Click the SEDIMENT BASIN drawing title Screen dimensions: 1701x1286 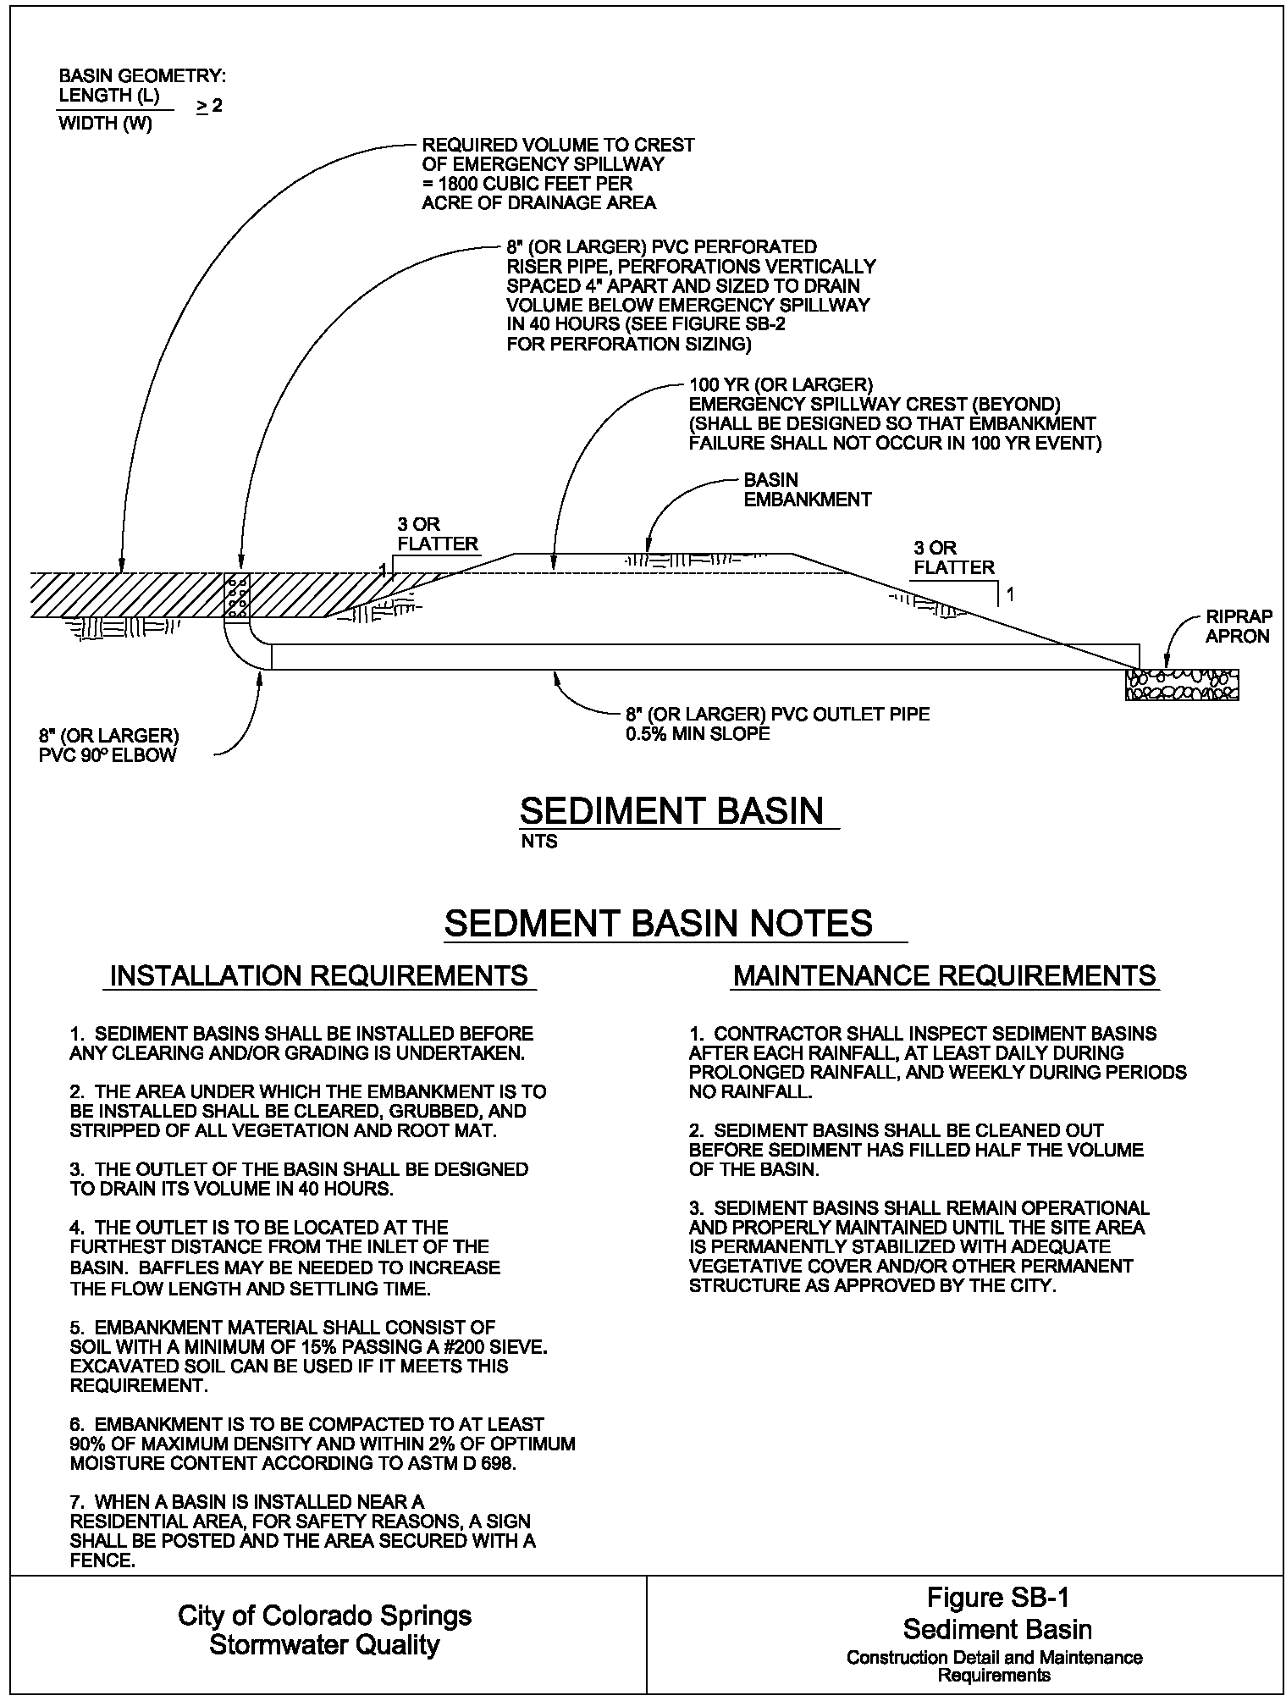point(671,810)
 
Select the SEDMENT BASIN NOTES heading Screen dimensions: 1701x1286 point(658,922)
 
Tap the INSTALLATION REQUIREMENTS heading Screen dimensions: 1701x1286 point(318,975)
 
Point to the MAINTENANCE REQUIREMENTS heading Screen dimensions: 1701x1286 point(944,975)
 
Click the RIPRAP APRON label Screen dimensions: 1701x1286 point(1238,627)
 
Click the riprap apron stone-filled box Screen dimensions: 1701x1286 point(1182,684)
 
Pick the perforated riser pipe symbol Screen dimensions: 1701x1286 point(238,595)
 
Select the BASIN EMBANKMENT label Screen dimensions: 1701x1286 point(807,489)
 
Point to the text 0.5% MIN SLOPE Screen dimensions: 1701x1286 point(698,733)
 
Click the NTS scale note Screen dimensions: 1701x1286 point(539,842)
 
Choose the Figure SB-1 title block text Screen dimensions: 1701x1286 point(997,1597)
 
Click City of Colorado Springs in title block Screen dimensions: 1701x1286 point(324,1615)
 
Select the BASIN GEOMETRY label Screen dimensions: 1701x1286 point(142,76)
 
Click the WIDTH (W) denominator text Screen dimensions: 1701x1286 point(105,124)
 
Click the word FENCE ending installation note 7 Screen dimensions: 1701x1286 point(102,1560)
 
